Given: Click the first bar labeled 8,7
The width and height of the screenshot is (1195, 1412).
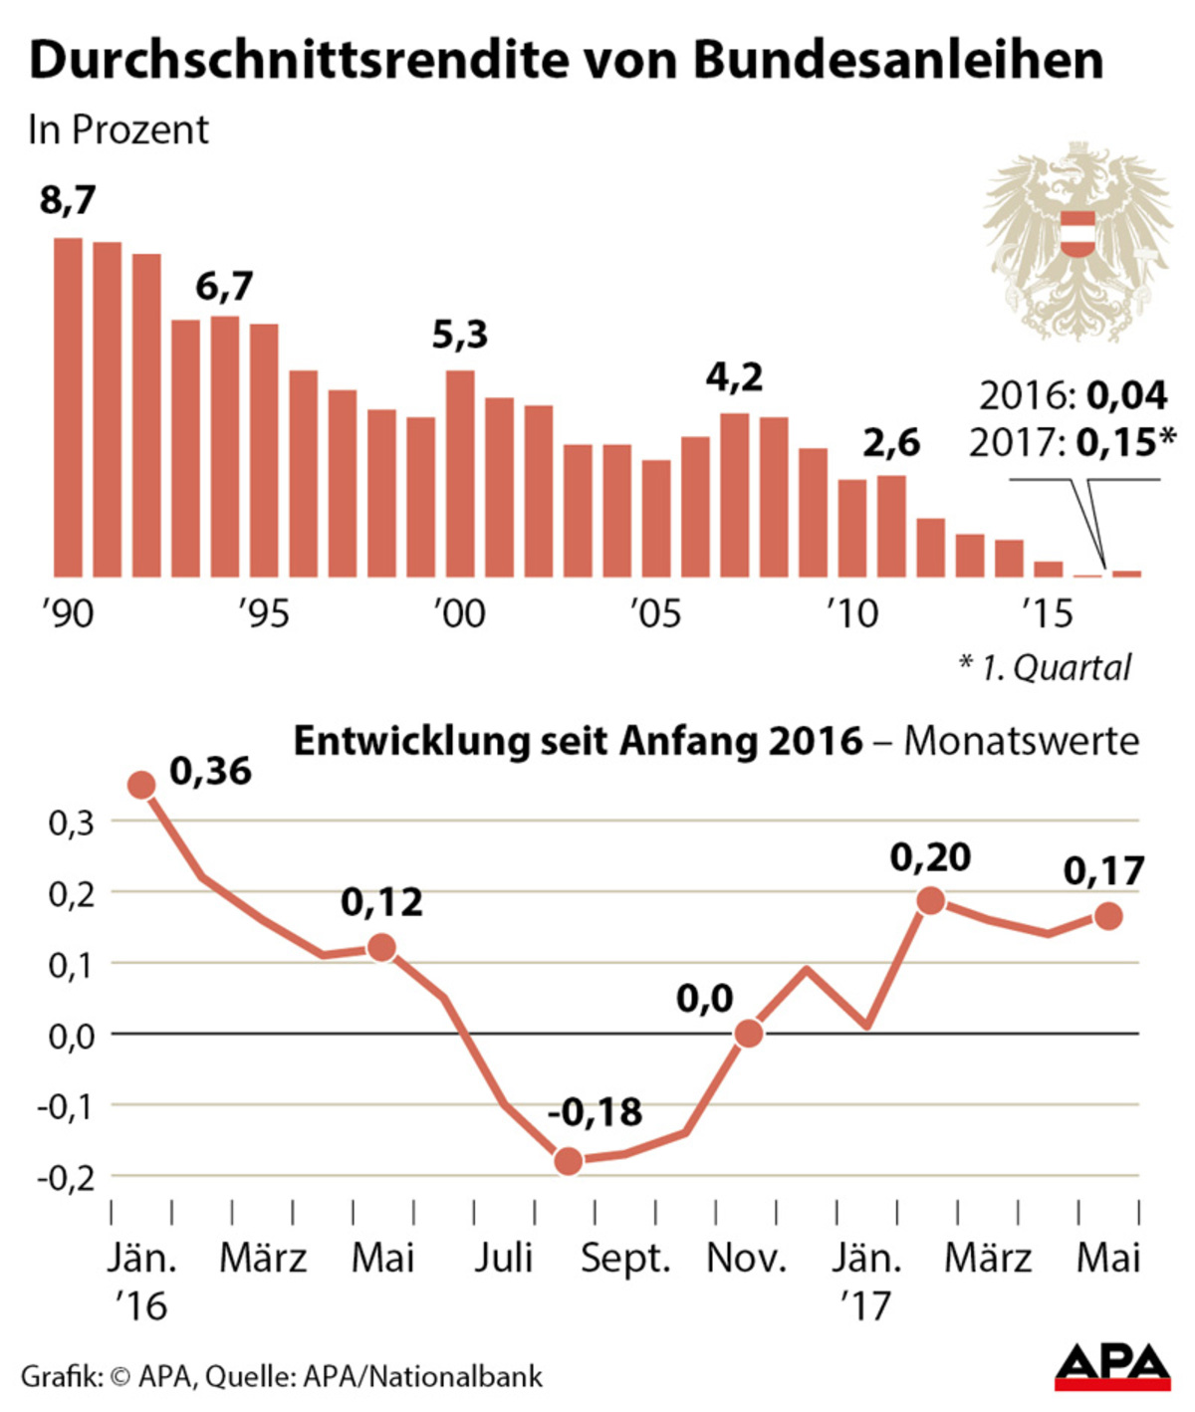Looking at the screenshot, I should (68, 407).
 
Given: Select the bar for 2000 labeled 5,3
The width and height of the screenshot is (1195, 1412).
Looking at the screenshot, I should (460, 473).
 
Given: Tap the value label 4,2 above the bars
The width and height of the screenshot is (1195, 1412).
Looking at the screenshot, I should (734, 378).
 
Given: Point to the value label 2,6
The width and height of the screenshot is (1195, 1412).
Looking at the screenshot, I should (890, 443).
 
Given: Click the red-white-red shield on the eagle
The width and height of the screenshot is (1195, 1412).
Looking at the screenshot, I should (1076, 234).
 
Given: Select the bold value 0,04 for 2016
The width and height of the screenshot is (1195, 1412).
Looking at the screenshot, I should (1126, 396).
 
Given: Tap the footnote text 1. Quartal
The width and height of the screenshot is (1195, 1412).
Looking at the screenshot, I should (1056, 667).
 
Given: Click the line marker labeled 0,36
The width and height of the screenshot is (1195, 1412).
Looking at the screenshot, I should (141, 785).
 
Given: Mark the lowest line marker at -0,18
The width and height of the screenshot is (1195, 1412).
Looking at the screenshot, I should (568, 1161).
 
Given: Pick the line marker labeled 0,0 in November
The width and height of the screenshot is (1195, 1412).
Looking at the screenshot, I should (749, 1034).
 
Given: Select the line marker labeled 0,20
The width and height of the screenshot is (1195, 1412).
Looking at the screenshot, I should (930, 901).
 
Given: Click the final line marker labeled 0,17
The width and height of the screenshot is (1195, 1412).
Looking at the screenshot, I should (1109, 916).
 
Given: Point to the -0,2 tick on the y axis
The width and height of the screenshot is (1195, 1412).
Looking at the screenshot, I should (65, 1177).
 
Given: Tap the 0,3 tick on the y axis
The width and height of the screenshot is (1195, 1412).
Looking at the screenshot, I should (71, 824).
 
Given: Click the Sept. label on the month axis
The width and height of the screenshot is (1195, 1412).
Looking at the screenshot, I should (625, 1259).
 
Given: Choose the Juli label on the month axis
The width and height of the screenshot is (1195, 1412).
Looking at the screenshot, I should (503, 1259).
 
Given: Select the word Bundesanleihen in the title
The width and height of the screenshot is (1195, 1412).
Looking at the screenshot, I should (897, 62).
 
